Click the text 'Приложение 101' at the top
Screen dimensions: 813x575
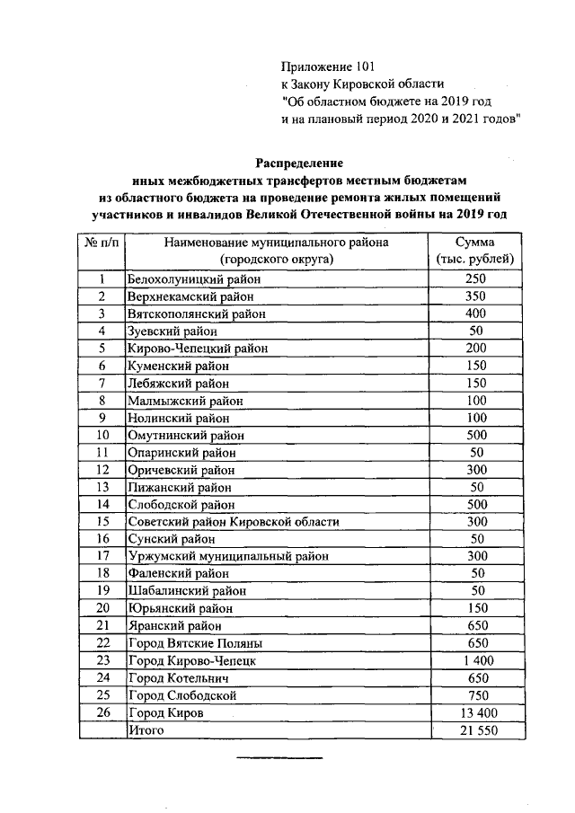point(326,66)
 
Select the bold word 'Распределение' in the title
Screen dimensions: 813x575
point(300,163)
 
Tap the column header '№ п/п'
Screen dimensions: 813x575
point(101,243)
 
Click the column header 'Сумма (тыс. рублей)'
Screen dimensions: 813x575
point(475,251)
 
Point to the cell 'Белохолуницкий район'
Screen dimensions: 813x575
point(188,279)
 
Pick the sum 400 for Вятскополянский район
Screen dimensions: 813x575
point(475,314)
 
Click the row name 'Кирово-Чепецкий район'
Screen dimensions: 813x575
point(198,349)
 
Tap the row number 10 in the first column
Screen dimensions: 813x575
point(102,436)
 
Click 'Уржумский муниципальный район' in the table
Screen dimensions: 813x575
point(228,556)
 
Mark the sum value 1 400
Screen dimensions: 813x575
point(475,660)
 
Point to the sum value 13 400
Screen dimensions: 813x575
point(475,712)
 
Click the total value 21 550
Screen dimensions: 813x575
point(475,730)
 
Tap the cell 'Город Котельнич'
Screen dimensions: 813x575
point(181,678)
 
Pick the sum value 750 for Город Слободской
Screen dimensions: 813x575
point(475,695)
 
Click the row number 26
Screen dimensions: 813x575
point(102,712)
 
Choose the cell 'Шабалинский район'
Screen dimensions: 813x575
point(182,591)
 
